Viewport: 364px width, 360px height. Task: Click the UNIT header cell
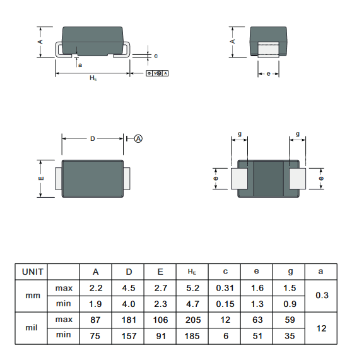tap(32, 272)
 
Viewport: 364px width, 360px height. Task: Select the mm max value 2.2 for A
tap(96, 288)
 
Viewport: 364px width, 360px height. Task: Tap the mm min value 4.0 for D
tap(129, 304)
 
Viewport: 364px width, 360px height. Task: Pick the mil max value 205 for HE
tap(193, 320)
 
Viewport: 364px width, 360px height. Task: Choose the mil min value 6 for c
tap(226, 336)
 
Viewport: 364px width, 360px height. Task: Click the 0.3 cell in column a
tap(322, 296)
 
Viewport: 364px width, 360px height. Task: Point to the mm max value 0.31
tap(225, 288)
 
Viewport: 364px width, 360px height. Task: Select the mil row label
tap(32, 328)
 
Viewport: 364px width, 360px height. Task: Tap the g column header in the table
tap(290, 272)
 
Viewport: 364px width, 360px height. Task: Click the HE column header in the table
tap(192, 272)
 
